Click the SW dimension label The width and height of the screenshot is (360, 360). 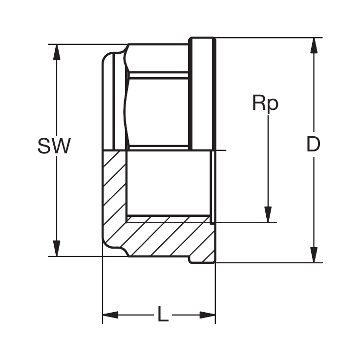54,146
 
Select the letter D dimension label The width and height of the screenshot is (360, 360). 313,145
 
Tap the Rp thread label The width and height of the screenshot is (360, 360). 265,103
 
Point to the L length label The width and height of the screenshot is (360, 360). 163,315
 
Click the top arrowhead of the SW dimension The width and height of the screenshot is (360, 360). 57,52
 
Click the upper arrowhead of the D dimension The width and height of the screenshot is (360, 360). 314,45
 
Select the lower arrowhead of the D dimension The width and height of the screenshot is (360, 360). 314,255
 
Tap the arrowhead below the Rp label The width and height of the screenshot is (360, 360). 268,214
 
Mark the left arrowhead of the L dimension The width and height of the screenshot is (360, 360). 110,315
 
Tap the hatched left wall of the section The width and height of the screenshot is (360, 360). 114,195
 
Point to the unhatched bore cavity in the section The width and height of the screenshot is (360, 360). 169,183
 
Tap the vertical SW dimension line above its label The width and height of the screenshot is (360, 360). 57,98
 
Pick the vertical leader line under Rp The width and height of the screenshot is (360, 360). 268,161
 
